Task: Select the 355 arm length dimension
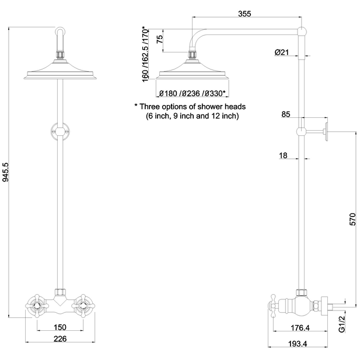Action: point(246,13)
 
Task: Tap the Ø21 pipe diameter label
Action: point(282,53)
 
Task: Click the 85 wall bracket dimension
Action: point(286,114)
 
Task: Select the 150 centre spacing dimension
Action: point(60,327)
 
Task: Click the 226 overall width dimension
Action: point(60,339)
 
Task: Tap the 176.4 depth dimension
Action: point(300,327)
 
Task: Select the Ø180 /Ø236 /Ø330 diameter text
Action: point(192,93)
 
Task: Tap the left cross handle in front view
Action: point(36,303)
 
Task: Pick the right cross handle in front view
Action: point(83,303)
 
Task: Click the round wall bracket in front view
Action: point(60,131)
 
